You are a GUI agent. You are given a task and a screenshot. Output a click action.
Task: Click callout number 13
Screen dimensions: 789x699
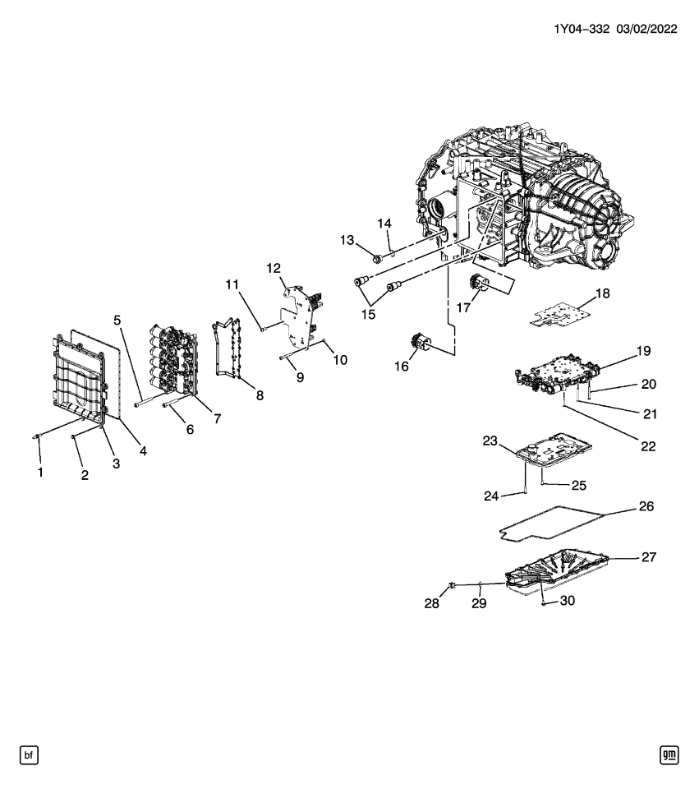pos(347,239)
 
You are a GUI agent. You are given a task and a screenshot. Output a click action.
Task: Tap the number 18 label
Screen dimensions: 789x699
pos(603,293)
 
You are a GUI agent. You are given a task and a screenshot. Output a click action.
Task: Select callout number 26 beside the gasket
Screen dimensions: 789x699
pos(646,507)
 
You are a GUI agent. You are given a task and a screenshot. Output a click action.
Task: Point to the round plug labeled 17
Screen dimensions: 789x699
pos(479,284)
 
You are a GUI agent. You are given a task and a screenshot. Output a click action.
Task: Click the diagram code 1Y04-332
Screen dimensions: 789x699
pos(581,29)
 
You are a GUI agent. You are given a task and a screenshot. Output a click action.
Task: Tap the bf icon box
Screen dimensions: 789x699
pos(29,754)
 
